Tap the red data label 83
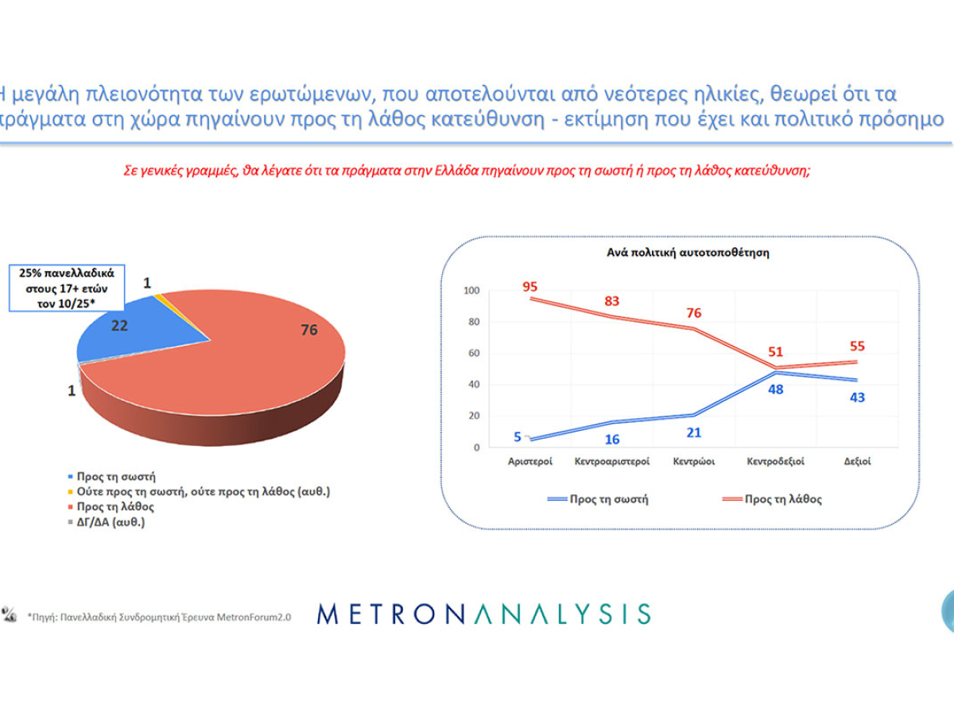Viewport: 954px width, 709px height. pos(611,301)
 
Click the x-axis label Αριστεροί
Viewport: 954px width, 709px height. pos(530,462)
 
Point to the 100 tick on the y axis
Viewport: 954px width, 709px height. pos(471,291)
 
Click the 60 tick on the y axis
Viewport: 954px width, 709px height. pos(474,354)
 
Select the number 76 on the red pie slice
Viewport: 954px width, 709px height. pos(308,330)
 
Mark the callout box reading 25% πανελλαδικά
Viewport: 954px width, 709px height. pos(67,288)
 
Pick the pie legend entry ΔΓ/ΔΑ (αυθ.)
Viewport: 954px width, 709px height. pos(111,522)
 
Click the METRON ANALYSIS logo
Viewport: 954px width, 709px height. pos(483,614)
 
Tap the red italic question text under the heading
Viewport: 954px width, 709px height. pos(467,170)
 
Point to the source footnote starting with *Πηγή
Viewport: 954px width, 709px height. pos(159,616)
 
